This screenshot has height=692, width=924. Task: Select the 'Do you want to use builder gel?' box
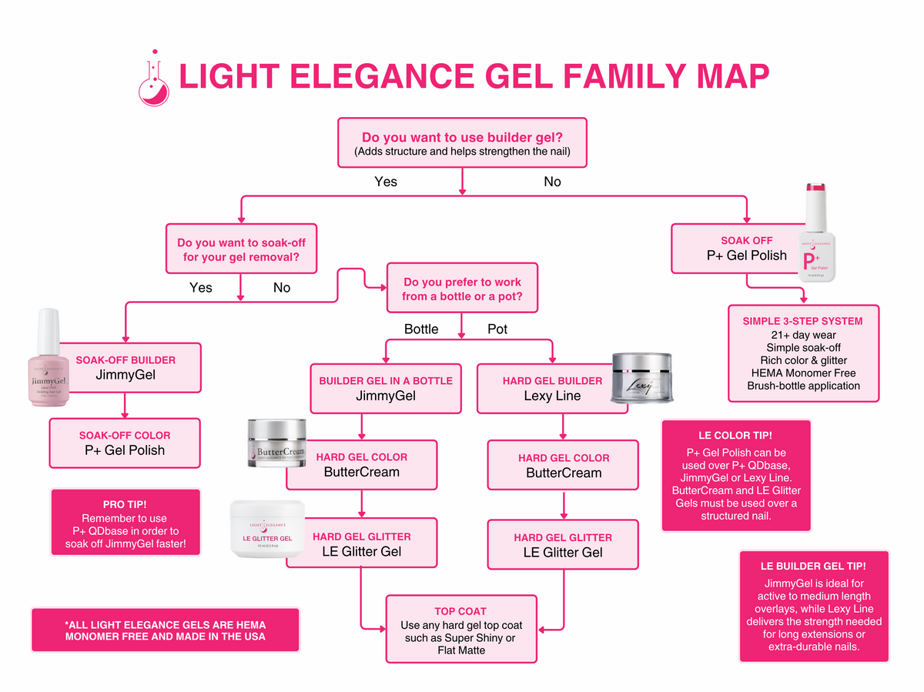[x=462, y=142]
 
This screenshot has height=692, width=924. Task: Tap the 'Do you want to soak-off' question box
[x=240, y=249]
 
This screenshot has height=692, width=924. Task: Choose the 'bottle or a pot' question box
[x=460, y=289]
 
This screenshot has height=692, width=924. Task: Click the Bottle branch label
[x=421, y=329]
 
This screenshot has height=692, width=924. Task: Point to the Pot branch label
[x=497, y=329]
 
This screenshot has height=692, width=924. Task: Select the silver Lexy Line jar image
[x=642, y=379]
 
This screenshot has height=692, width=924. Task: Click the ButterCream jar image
[x=276, y=444]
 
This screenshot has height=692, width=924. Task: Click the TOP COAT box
[x=460, y=629]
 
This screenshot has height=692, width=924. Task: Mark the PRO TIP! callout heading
[x=124, y=504]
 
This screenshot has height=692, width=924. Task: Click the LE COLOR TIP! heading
[x=735, y=435]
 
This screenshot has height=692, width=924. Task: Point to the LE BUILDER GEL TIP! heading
[x=813, y=566]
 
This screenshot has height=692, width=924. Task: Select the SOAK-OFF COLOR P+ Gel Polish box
[x=125, y=443]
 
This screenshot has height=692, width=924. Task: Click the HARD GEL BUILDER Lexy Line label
[x=552, y=389]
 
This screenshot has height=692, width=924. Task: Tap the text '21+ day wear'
[x=802, y=335]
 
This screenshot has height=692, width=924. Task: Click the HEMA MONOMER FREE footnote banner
[x=165, y=630]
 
